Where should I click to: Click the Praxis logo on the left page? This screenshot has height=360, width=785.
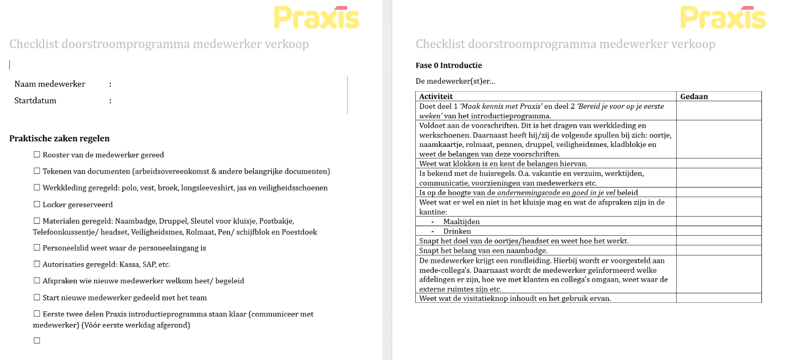[317, 17]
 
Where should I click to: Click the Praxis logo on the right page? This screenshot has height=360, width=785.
[723, 17]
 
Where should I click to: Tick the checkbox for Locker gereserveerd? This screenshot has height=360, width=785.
[37, 204]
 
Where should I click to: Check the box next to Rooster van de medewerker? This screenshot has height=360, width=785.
[37, 155]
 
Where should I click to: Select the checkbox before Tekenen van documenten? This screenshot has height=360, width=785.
[37, 171]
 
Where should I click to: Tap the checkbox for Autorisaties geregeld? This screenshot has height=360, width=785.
[37, 264]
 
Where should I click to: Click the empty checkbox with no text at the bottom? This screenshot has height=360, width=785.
[37, 340]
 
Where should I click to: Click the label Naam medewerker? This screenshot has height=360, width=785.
[50, 84]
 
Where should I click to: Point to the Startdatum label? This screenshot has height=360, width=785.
[35, 100]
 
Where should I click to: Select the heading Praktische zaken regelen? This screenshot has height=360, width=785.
[59, 138]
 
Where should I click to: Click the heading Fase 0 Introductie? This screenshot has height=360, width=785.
[448, 65]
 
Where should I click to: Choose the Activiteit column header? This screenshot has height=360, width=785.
[436, 96]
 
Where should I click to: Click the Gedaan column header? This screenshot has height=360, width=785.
[694, 96]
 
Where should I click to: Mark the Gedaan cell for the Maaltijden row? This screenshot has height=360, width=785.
[718, 221]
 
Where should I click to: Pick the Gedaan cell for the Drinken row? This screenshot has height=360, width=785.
[718, 231]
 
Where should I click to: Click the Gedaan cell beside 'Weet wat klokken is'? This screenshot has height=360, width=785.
[718, 163]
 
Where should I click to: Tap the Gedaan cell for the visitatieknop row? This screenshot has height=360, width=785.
[718, 298]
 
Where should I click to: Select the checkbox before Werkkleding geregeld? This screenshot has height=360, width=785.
[37, 188]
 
